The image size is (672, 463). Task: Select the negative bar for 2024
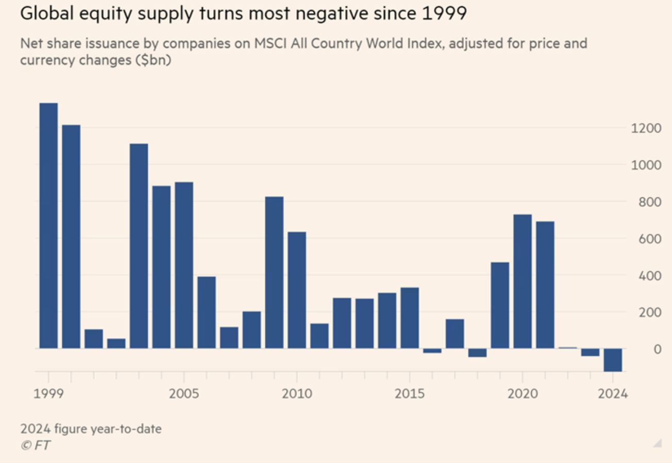(x=613, y=360)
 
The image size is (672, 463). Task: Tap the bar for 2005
(x=184, y=265)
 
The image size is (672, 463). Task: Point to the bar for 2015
(x=410, y=318)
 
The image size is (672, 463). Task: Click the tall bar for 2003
(x=139, y=246)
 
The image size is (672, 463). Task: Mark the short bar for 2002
(x=116, y=343)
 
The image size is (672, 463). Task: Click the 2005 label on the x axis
(x=184, y=394)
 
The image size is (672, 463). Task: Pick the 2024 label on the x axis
(x=613, y=394)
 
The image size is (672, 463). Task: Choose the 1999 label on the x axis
(x=48, y=394)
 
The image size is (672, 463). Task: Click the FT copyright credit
(x=36, y=445)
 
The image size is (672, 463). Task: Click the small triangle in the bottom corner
(x=657, y=443)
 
